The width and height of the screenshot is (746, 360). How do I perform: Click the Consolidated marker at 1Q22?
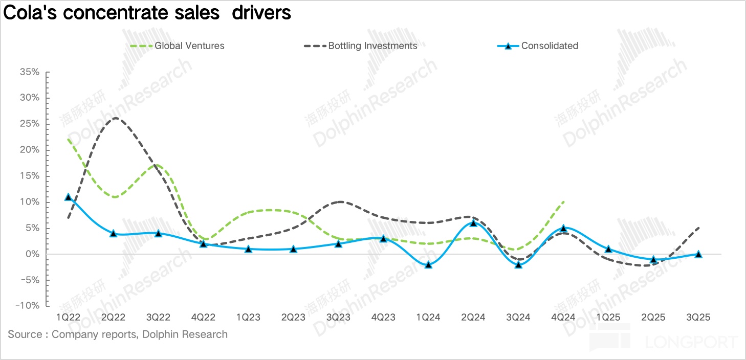pyautogui.click(x=68, y=197)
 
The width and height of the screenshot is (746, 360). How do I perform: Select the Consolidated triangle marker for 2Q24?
pyautogui.click(x=473, y=222)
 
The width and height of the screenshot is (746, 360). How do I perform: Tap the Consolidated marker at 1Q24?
pyautogui.click(x=428, y=264)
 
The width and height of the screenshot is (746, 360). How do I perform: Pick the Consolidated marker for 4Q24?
pyautogui.click(x=563, y=228)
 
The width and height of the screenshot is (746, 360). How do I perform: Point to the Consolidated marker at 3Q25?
pyautogui.click(x=698, y=254)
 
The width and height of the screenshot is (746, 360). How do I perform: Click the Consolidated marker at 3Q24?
pyautogui.click(x=518, y=264)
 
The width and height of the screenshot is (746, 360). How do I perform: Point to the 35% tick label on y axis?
pyautogui.click(x=29, y=72)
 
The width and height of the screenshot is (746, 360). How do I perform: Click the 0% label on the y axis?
pyautogui.click(x=32, y=254)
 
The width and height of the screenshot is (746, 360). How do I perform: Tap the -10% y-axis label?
pyautogui.click(x=27, y=306)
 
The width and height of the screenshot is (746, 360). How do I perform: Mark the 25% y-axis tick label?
pyautogui.click(x=29, y=124)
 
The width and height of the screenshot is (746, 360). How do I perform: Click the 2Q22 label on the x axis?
pyautogui.click(x=113, y=318)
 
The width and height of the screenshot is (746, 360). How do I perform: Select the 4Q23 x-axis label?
pyautogui.click(x=383, y=318)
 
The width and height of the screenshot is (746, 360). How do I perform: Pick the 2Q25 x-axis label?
pyautogui.click(x=653, y=318)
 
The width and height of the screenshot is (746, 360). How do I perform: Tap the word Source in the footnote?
pyautogui.click(x=25, y=335)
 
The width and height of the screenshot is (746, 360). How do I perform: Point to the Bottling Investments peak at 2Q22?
pyautogui.click(x=115, y=118)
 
